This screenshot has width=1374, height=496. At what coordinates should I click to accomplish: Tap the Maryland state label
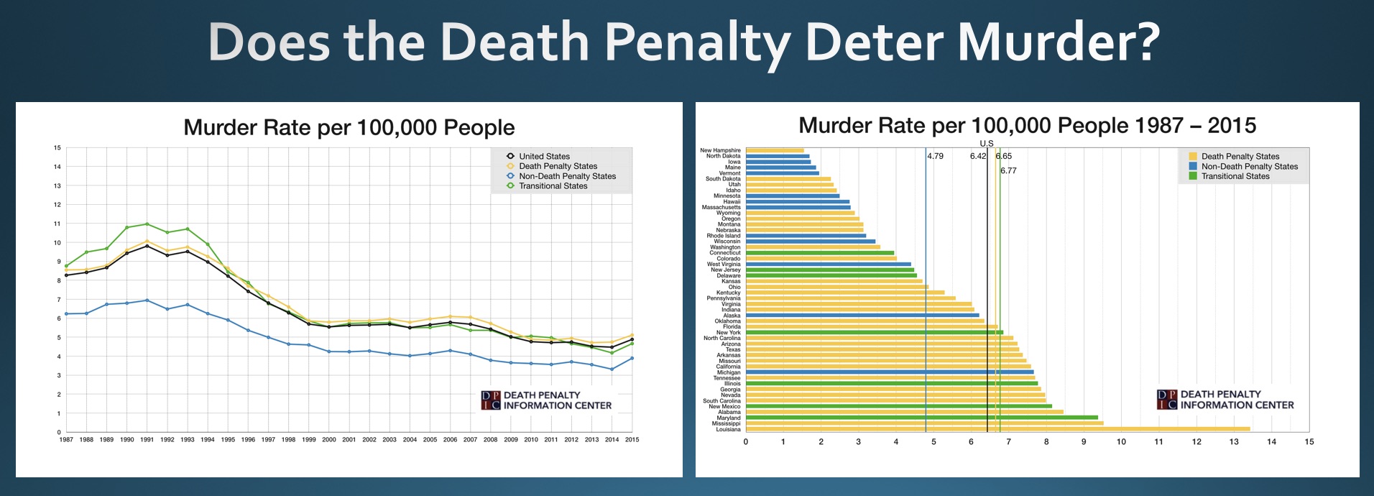[x=728, y=418]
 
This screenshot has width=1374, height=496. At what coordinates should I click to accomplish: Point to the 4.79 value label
[x=935, y=156]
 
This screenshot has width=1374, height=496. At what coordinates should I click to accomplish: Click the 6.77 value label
[x=1008, y=171]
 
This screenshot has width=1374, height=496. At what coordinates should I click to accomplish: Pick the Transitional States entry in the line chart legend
[x=553, y=186]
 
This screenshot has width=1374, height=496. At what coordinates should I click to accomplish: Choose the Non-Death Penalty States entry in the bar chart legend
[x=1249, y=166]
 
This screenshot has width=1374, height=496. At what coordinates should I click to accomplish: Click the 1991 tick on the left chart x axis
[x=147, y=439]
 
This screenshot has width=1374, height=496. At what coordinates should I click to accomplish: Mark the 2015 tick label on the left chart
[x=632, y=439]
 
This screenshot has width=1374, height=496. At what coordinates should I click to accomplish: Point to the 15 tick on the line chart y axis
[x=57, y=148]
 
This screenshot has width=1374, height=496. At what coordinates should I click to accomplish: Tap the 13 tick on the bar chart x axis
[x=1234, y=442]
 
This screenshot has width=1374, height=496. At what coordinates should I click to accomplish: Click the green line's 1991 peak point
[x=147, y=224]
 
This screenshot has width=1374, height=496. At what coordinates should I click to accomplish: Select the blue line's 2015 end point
[x=632, y=358]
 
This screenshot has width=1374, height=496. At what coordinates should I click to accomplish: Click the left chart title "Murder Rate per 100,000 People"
[x=349, y=128]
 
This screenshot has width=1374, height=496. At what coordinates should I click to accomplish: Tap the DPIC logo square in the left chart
[x=490, y=400]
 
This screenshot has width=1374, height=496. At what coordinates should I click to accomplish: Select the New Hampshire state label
[x=720, y=150]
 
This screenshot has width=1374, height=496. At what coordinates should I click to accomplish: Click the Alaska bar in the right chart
[x=862, y=316]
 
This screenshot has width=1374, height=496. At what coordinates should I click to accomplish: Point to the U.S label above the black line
[x=987, y=144]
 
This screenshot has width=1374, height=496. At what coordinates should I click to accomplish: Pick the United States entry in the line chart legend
[x=544, y=156]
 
